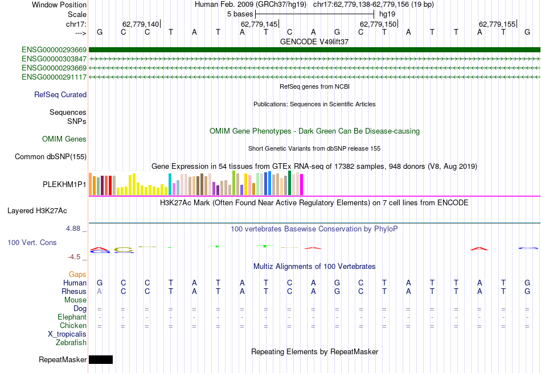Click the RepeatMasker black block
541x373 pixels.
(101, 359)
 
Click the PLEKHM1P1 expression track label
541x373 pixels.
(64, 185)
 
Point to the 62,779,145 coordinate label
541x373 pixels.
(259, 24)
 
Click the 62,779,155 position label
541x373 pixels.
(497, 24)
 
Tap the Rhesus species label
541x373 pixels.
(74, 291)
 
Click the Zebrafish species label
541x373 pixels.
(71, 342)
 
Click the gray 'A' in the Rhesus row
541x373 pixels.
(100, 291)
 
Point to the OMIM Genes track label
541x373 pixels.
(64, 139)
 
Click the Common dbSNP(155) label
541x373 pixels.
(51, 156)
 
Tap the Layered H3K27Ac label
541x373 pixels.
(37, 210)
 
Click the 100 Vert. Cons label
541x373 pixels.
(32, 242)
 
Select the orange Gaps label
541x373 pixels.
(77, 274)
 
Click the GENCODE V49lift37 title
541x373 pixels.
(314, 42)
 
